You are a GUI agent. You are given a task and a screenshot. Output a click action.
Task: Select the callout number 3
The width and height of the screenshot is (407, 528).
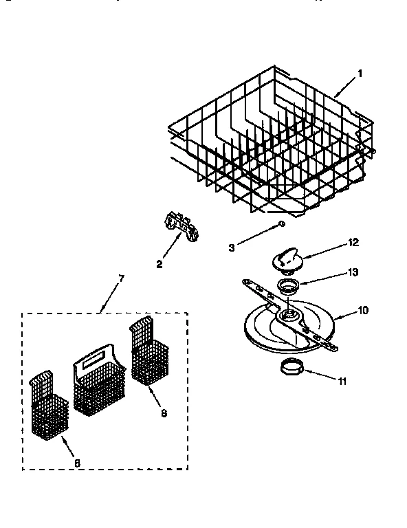tap(232, 247)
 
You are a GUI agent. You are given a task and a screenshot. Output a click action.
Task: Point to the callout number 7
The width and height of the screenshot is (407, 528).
tap(121, 278)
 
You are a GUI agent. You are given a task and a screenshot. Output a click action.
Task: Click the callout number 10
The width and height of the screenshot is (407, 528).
tap(363, 310)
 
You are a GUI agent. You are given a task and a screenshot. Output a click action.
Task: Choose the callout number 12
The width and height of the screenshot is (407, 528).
tap(354, 243)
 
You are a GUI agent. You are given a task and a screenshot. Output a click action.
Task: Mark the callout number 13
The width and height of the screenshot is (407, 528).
tap(353, 272)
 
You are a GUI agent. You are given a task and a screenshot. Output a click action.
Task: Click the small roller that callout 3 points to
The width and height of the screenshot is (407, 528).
tap(281, 223)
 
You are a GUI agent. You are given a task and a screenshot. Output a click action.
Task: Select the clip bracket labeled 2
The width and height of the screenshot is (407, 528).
tap(180, 228)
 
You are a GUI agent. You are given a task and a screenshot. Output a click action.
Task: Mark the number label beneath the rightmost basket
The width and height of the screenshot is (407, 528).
tap(163, 413)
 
